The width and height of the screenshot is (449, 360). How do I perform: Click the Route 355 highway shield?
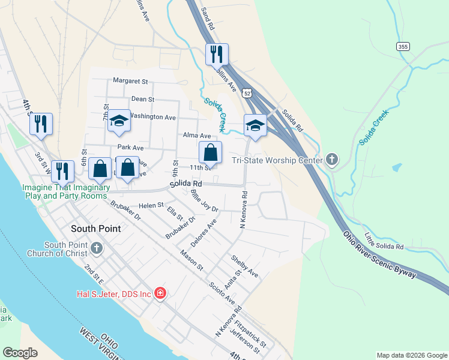[x=402, y=46]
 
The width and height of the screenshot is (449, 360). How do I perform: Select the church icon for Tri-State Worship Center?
[x=332, y=160]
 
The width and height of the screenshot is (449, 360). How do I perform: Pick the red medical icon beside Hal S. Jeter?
[x=160, y=293]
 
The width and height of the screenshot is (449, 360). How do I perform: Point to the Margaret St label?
[x=130, y=81]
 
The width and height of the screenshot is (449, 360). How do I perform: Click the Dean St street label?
[x=143, y=99]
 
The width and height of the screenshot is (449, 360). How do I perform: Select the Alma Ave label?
[x=197, y=136]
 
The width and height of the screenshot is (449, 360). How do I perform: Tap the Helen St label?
[x=151, y=205]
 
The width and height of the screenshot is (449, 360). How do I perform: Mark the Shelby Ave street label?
[x=245, y=266]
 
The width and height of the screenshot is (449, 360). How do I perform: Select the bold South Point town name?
[x=95, y=229]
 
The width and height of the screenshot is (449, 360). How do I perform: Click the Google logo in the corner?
[x=20, y=352]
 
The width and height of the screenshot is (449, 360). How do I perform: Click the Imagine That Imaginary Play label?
[x=66, y=191]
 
